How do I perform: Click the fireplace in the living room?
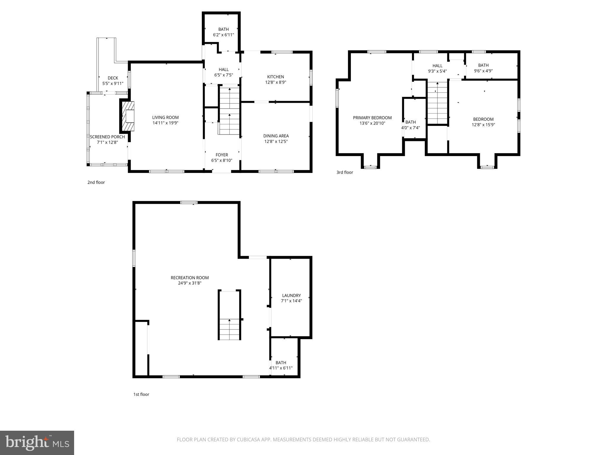pos(127,116)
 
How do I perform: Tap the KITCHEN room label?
pos(275,77)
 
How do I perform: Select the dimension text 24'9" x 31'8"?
pos(190,283)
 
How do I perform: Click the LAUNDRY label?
pos(291,295)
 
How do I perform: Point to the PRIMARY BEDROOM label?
pos(372,118)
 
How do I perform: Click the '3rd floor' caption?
pos(344,172)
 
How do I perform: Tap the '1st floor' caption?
pos(141,394)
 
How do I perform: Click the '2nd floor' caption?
pos(96,182)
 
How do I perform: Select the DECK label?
pos(113,78)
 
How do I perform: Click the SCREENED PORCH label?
pos(107,137)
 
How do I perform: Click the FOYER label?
pos(222,155)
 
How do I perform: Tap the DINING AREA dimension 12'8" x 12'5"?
pos(276,142)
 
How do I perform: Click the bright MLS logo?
pos(37,443)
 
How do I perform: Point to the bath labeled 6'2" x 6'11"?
pos(223,32)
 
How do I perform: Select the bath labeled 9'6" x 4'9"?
pos(483,68)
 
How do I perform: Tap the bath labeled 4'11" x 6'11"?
pos(281,365)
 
